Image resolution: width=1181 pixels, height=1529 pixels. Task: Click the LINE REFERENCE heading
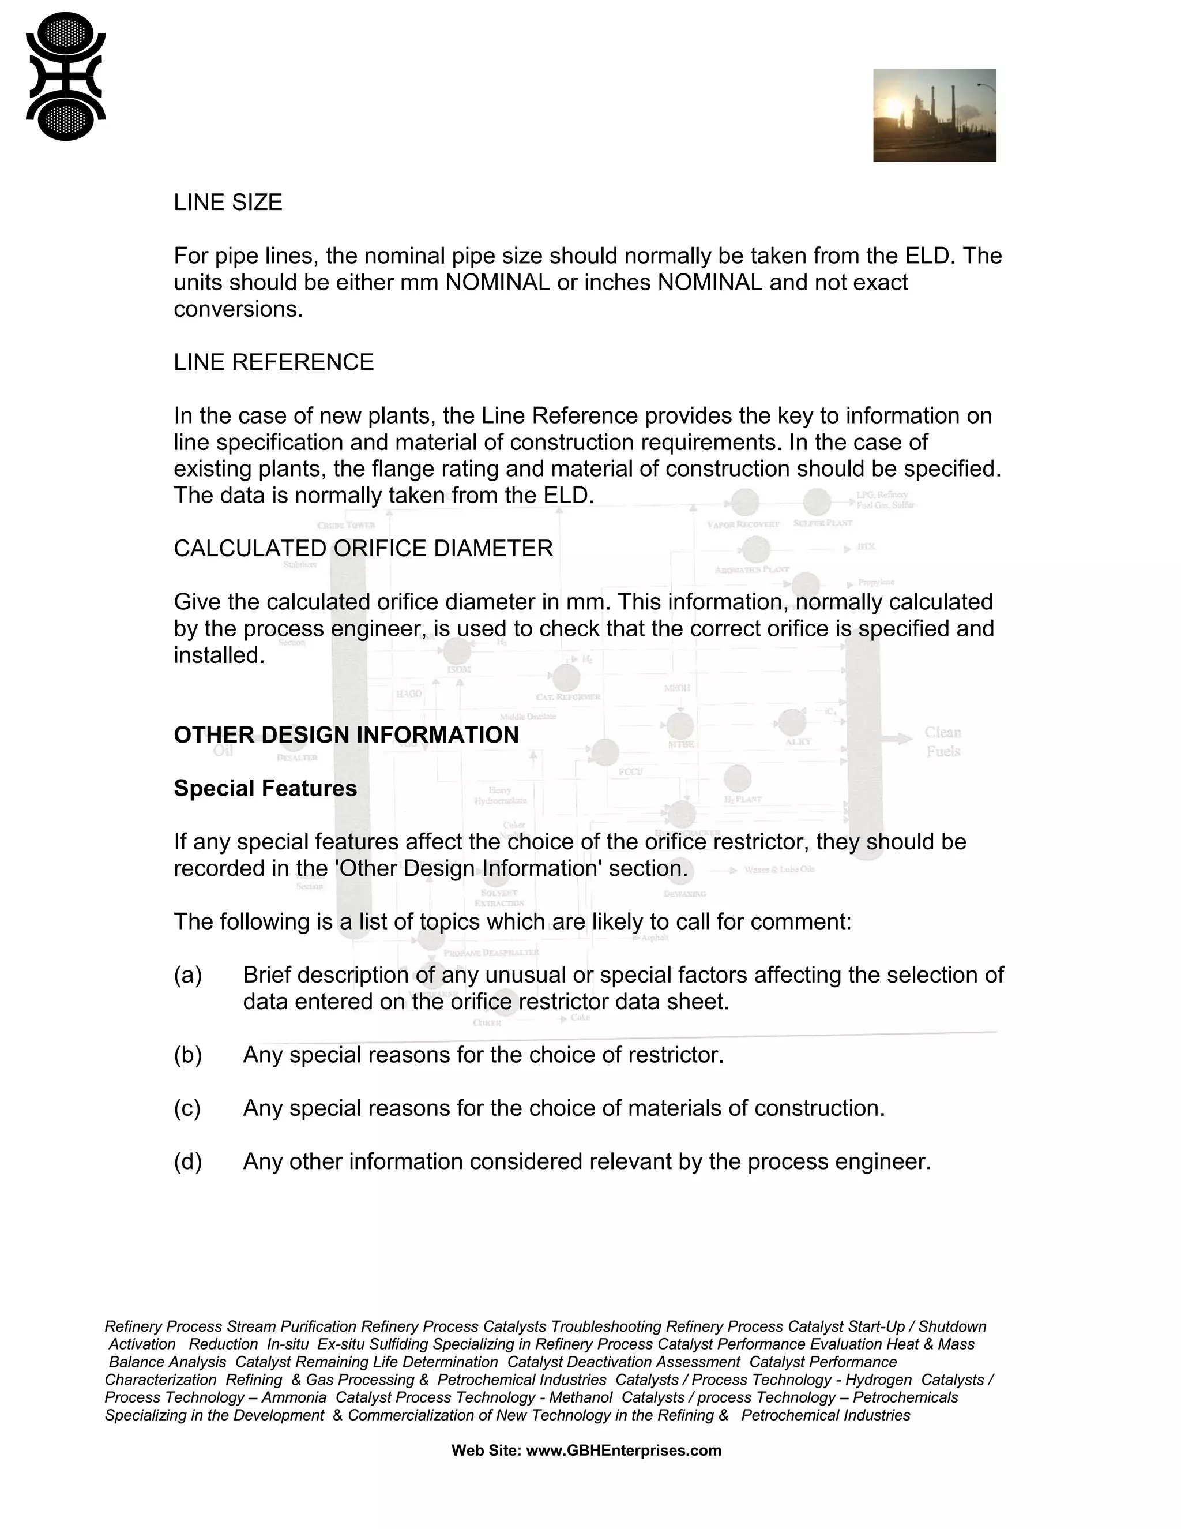tap(273, 362)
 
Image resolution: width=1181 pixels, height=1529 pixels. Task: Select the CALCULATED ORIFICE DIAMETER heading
tap(363, 548)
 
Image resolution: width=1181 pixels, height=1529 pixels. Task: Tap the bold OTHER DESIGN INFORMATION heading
tap(347, 734)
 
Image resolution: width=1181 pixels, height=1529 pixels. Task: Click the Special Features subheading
tap(265, 788)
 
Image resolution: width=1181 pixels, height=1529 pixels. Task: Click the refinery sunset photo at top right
tap(934, 115)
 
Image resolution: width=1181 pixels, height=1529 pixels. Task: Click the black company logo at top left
tap(66, 76)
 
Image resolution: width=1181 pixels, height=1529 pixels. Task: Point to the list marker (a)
tap(187, 975)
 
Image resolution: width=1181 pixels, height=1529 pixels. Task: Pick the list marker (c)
tap(187, 1108)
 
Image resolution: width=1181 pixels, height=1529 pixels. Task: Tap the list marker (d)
tap(187, 1161)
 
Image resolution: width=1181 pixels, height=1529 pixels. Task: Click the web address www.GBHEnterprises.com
tap(623, 1450)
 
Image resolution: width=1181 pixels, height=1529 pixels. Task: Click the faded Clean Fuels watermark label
tap(942, 741)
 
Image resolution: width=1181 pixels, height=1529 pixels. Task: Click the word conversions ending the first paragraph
tap(238, 309)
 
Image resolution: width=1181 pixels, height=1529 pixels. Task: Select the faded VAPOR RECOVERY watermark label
tap(743, 524)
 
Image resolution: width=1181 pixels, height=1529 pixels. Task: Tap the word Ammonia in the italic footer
tap(294, 1397)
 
